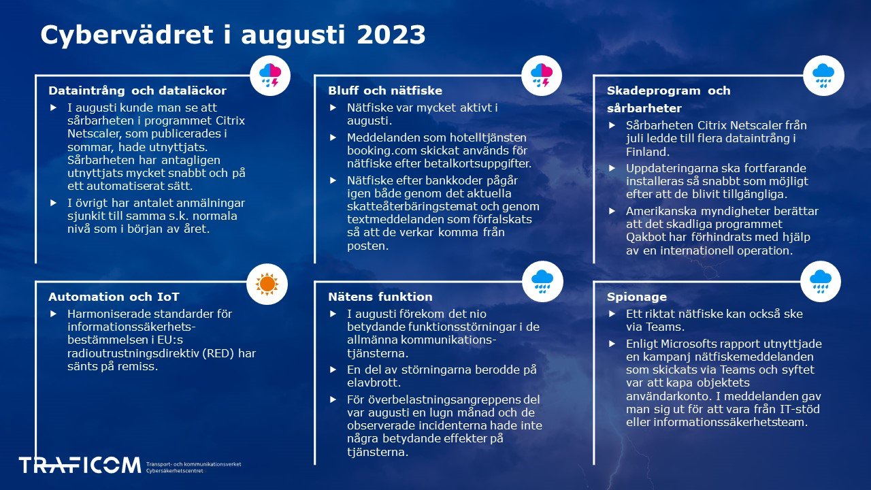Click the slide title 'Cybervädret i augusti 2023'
233,35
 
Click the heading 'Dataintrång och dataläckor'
137,91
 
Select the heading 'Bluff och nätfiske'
385,91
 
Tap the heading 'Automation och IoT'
114,297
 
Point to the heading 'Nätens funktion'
380,297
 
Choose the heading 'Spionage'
637,297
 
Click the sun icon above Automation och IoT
267,283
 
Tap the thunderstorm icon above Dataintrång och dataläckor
270,75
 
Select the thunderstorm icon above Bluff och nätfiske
542,75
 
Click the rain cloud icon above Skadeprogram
823,75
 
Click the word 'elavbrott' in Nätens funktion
372,383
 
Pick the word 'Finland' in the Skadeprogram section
648,152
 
